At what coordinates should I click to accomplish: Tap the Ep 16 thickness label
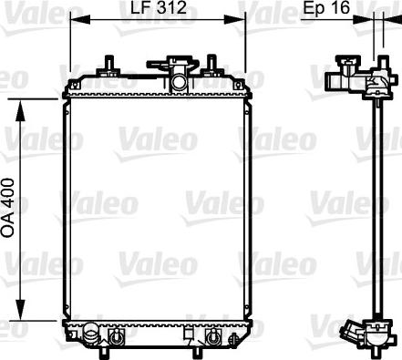pos(325,10)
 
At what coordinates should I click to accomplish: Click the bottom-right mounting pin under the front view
pos(212,344)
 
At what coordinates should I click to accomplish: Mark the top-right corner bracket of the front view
pos(245,84)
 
